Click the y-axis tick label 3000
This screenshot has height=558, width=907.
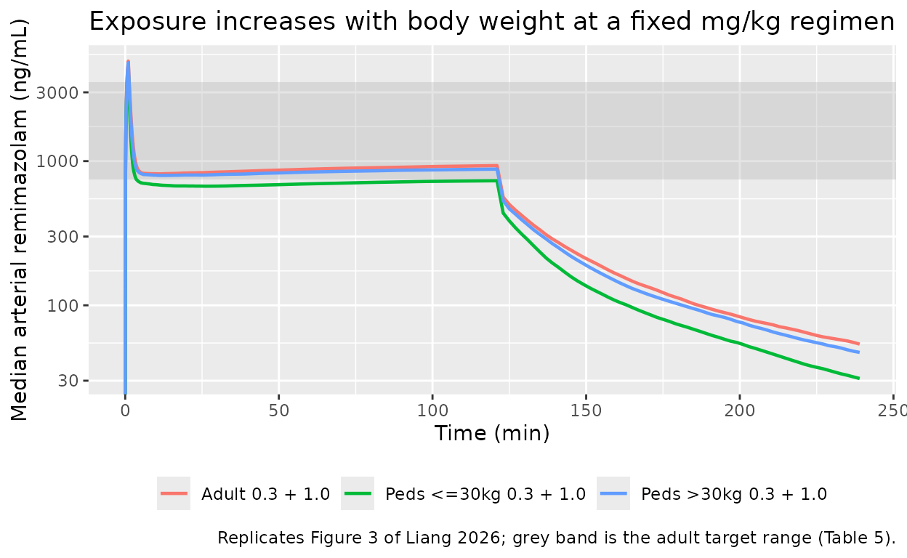(x=57, y=93)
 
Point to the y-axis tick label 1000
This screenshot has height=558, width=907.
(x=57, y=161)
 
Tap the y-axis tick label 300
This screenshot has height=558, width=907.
(x=63, y=236)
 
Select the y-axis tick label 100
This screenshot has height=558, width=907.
(x=63, y=305)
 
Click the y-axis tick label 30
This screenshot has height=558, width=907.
(x=68, y=381)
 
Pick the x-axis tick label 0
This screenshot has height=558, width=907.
(x=126, y=411)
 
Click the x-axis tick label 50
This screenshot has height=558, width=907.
(x=279, y=411)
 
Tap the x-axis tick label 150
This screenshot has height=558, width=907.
(x=586, y=411)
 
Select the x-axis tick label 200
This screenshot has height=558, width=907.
(x=740, y=411)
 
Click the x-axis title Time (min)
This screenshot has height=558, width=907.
(x=492, y=434)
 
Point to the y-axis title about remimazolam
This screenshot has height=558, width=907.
(x=19, y=219)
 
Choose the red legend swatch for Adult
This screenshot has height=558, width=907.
(x=174, y=493)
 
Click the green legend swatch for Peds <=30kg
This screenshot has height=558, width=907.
(x=358, y=493)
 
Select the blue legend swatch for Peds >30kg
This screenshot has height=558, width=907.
(x=613, y=493)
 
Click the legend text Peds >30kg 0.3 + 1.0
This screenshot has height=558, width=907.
(x=734, y=494)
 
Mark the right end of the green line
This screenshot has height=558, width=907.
(x=859, y=379)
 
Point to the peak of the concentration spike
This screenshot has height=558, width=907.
(x=129, y=62)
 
